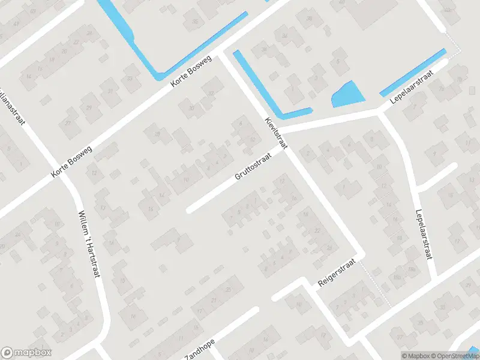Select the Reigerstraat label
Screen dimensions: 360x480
point(337,273)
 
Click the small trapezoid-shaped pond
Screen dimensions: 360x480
point(348,95)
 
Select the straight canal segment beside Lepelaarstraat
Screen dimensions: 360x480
point(413,72)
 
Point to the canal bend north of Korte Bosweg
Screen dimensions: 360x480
point(158,74)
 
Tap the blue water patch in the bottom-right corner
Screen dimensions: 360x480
point(475,350)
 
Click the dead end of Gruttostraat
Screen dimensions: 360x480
point(190,210)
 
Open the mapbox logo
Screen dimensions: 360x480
point(26,353)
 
